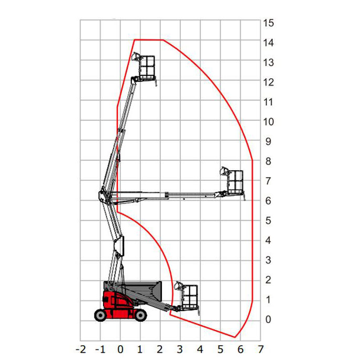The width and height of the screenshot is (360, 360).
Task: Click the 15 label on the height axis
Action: [269, 23]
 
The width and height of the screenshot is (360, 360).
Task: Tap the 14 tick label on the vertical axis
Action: [269, 43]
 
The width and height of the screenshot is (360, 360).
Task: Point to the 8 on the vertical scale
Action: [268, 161]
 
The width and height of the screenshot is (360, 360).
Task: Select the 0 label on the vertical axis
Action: [268, 320]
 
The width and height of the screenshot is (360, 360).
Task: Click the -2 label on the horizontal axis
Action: [81, 349]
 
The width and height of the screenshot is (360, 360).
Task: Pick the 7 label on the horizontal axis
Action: [260, 349]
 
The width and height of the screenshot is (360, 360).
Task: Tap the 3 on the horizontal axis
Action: [180, 349]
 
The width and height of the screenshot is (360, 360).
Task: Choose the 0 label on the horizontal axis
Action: [120, 349]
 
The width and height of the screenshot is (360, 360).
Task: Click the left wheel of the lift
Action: [100, 315]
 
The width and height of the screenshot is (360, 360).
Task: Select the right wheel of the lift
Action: [140, 315]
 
